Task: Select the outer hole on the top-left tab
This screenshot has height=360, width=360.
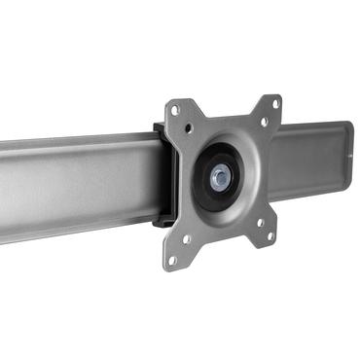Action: click(x=175, y=111)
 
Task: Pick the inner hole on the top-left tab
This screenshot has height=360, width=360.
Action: click(x=189, y=127)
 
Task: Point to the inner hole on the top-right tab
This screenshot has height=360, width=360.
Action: click(x=263, y=122)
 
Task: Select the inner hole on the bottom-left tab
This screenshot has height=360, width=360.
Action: click(x=186, y=238)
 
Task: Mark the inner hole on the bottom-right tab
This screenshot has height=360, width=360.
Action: click(x=260, y=221)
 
